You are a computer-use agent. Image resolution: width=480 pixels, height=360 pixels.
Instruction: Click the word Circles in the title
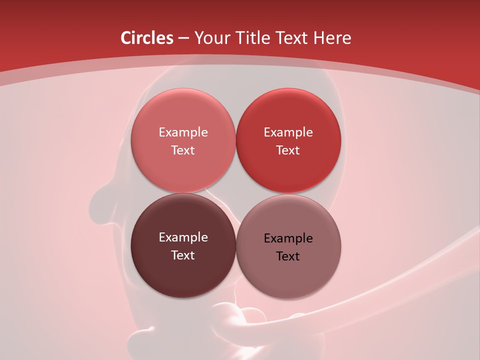click(x=146, y=38)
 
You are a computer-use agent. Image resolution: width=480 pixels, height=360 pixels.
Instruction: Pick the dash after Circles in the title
click(x=183, y=38)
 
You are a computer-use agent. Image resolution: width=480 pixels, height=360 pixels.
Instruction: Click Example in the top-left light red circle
click(x=183, y=132)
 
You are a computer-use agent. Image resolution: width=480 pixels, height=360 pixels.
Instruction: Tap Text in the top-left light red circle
click(x=183, y=150)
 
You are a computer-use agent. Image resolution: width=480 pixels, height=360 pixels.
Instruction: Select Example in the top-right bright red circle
click(x=288, y=132)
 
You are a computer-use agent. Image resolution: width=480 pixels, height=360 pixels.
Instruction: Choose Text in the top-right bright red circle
click(x=288, y=150)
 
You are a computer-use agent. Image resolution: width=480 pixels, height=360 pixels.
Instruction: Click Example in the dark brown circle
click(x=183, y=237)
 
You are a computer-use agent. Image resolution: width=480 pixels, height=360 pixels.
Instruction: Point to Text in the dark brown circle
click(x=183, y=255)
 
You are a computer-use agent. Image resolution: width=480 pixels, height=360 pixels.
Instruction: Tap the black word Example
click(x=288, y=238)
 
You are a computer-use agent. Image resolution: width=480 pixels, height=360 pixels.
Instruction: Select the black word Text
click(x=288, y=256)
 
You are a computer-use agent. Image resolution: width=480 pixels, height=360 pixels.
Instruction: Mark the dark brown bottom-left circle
click(x=183, y=275)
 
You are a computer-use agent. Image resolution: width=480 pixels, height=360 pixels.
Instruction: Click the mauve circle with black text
click(x=288, y=277)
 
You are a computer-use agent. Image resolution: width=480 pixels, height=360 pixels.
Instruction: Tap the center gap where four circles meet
click(x=235, y=193)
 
